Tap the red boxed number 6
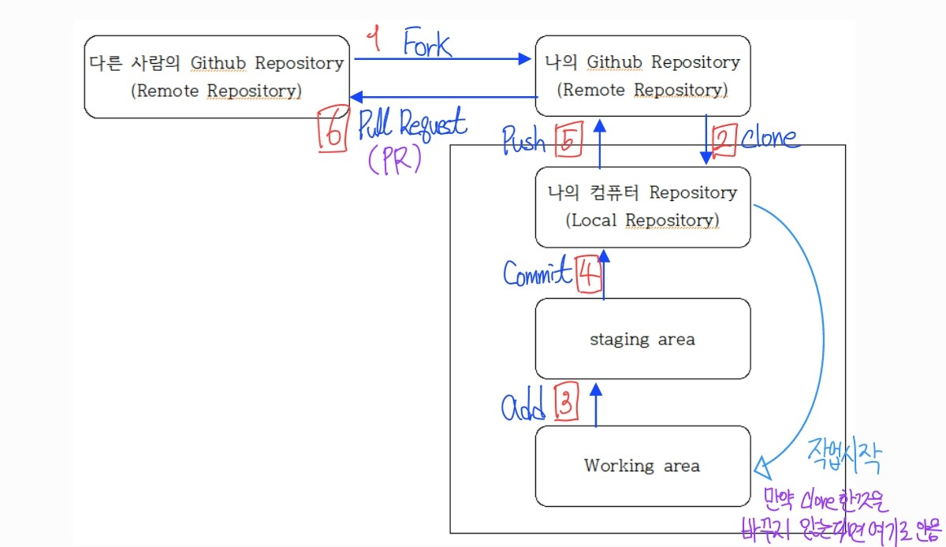pos(332,131)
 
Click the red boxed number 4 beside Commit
pos(588,275)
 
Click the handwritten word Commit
pos(538,273)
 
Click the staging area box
pos(642,339)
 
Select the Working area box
pos(642,466)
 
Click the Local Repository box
pos(642,207)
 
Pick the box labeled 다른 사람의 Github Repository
pos(217,76)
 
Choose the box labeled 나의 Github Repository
pos(642,76)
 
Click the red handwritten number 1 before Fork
pos(377,40)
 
